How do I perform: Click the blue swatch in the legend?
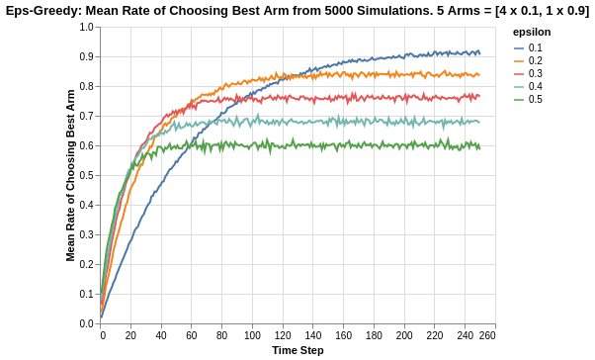(x=519, y=48)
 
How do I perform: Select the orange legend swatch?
(x=519, y=61)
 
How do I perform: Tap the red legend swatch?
(x=519, y=74)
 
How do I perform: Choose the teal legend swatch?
(x=519, y=87)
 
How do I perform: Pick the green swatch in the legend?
(x=519, y=100)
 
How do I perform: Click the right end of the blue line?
(x=480, y=52)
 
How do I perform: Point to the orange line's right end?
(x=480, y=74)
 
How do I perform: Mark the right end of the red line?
(x=480, y=96)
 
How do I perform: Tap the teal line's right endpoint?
(x=480, y=122)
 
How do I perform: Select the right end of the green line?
(x=480, y=146)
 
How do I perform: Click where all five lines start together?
(x=100, y=318)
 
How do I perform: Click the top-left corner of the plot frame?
(x=100, y=28)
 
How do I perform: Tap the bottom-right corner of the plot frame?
(x=495, y=324)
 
